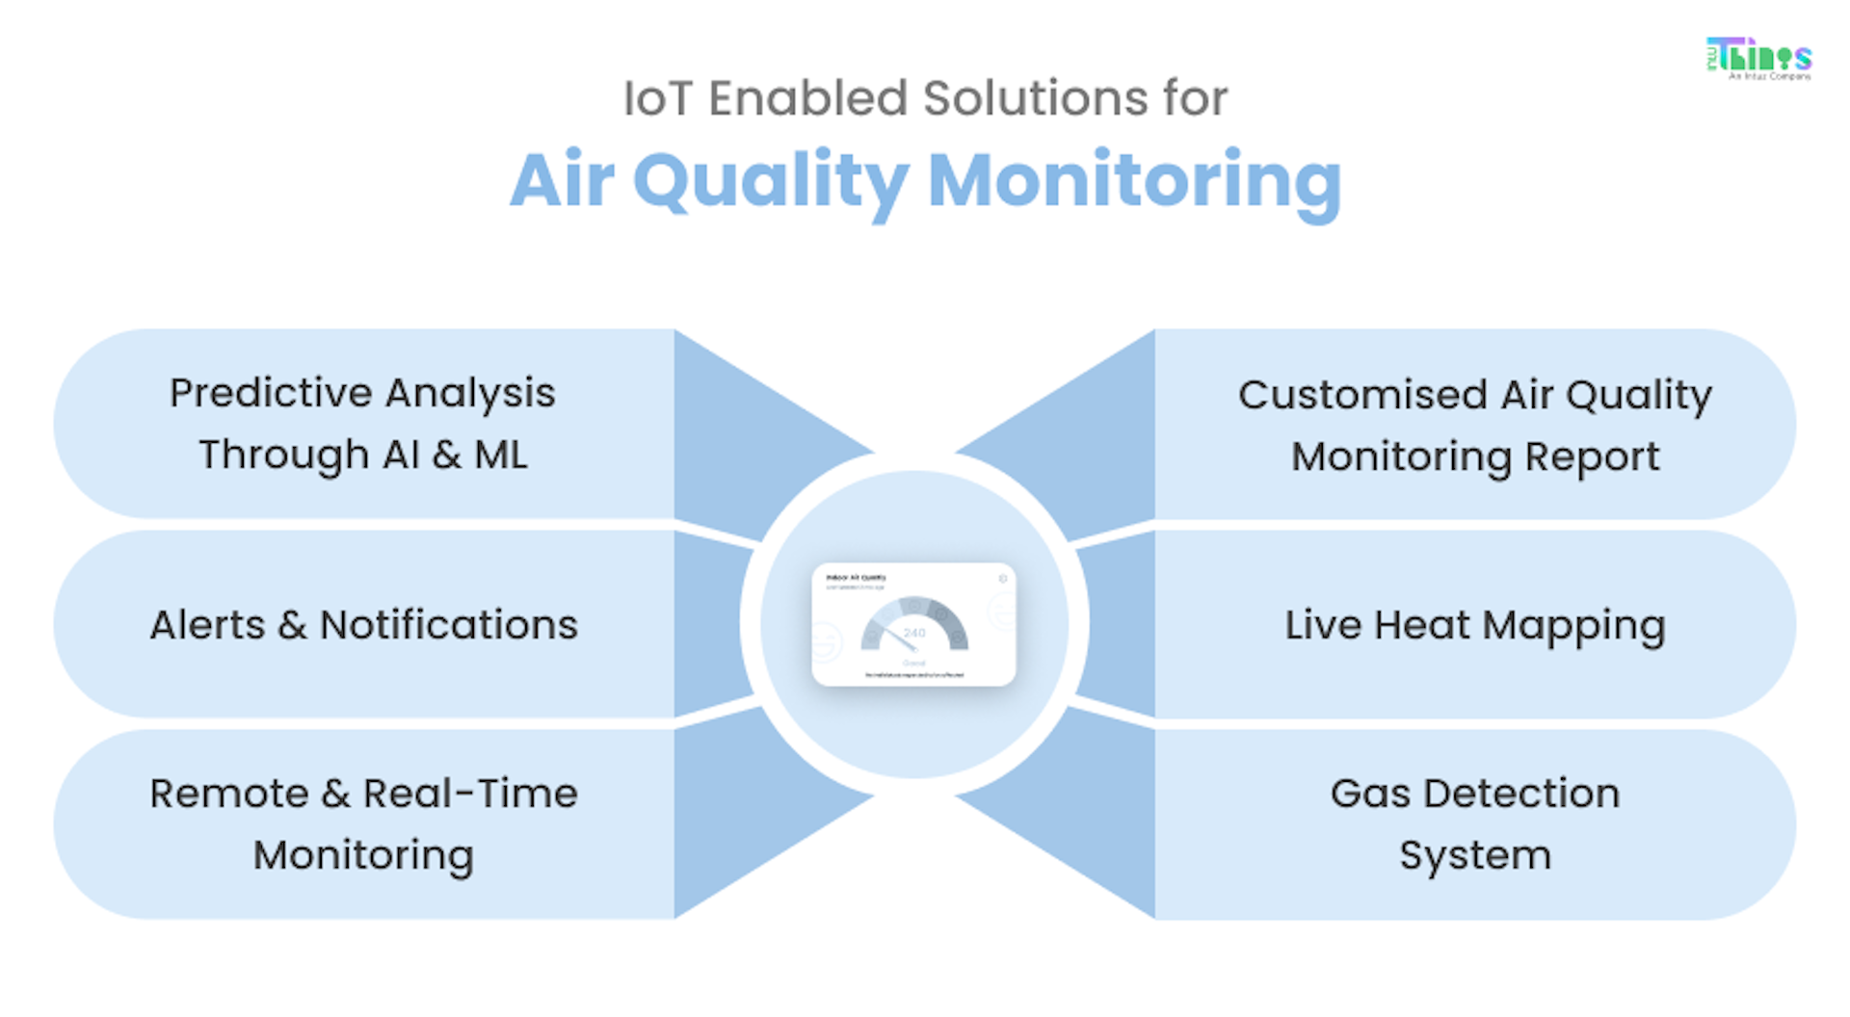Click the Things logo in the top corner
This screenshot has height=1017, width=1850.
(x=1758, y=58)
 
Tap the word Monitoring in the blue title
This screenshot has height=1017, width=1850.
(x=1134, y=181)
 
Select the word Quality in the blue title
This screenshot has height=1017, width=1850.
(x=770, y=181)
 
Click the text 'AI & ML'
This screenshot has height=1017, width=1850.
(x=455, y=455)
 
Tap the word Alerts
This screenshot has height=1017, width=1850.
(x=206, y=625)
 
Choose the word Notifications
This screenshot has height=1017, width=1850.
(x=448, y=625)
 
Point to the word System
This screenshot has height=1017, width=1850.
(x=1475, y=855)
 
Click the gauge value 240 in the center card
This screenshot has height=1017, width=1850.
(x=914, y=633)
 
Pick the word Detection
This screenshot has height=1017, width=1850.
(x=1521, y=794)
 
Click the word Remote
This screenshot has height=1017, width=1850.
(x=229, y=794)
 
